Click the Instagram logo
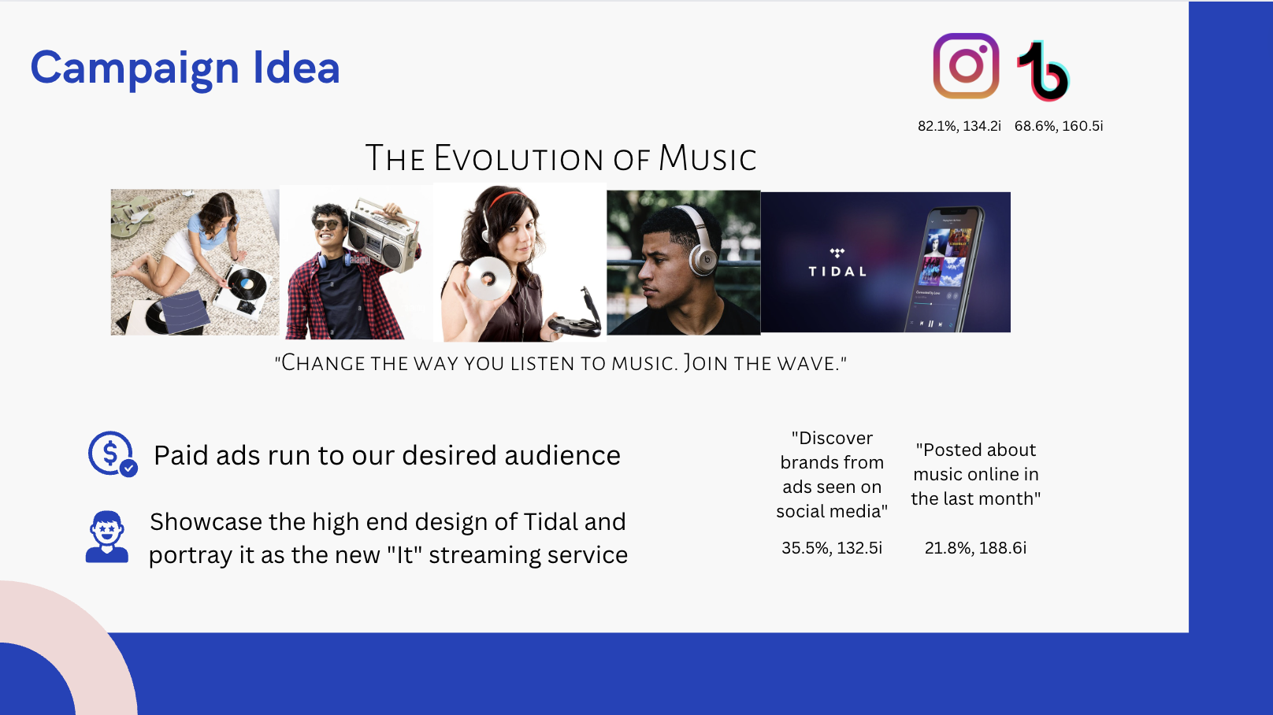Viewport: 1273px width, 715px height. [966, 66]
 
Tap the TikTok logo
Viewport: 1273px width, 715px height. [1044, 71]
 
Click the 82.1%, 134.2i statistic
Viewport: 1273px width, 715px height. [959, 126]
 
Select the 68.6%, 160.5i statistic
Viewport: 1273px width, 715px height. [1059, 126]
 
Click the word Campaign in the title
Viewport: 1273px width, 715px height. [135, 69]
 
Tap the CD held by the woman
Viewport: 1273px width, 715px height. [488, 278]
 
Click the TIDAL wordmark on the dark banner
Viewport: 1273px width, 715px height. [837, 272]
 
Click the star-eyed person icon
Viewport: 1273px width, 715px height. [107, 537]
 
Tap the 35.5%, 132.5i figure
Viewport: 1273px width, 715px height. [832, 548]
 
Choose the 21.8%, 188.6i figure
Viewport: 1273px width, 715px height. [976, 548]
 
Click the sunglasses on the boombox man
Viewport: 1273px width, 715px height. [327, 224]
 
